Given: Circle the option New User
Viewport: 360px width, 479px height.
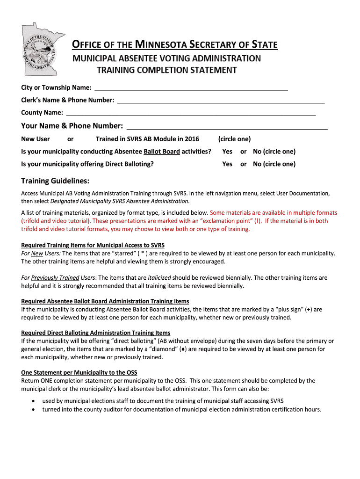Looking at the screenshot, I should [x=36, y=139].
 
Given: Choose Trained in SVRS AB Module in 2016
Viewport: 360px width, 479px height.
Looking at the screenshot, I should [x=147, y=139].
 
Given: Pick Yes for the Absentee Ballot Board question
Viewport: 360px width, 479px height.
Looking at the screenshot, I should [x=227, y=152].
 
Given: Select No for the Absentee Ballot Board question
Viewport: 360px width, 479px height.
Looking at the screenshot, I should [x=257, y=152].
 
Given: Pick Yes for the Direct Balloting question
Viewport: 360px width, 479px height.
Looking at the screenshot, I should [x=227, y=164].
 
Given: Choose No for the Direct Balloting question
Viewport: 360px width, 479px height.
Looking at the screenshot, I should [x=257, y=164].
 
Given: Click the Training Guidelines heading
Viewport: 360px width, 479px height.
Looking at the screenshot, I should [x=55, y=181].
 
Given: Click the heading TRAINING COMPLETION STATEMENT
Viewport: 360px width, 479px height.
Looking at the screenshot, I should [x=166, y=70].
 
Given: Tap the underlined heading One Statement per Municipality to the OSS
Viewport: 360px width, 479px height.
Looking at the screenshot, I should [x=79, y=372].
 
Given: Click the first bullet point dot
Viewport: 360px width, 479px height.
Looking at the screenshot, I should [x=32, y=401].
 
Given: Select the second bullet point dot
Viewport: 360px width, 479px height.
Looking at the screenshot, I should [x=32, y=410].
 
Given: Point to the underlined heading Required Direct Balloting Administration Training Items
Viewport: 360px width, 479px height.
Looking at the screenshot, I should [x=95, y=333].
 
